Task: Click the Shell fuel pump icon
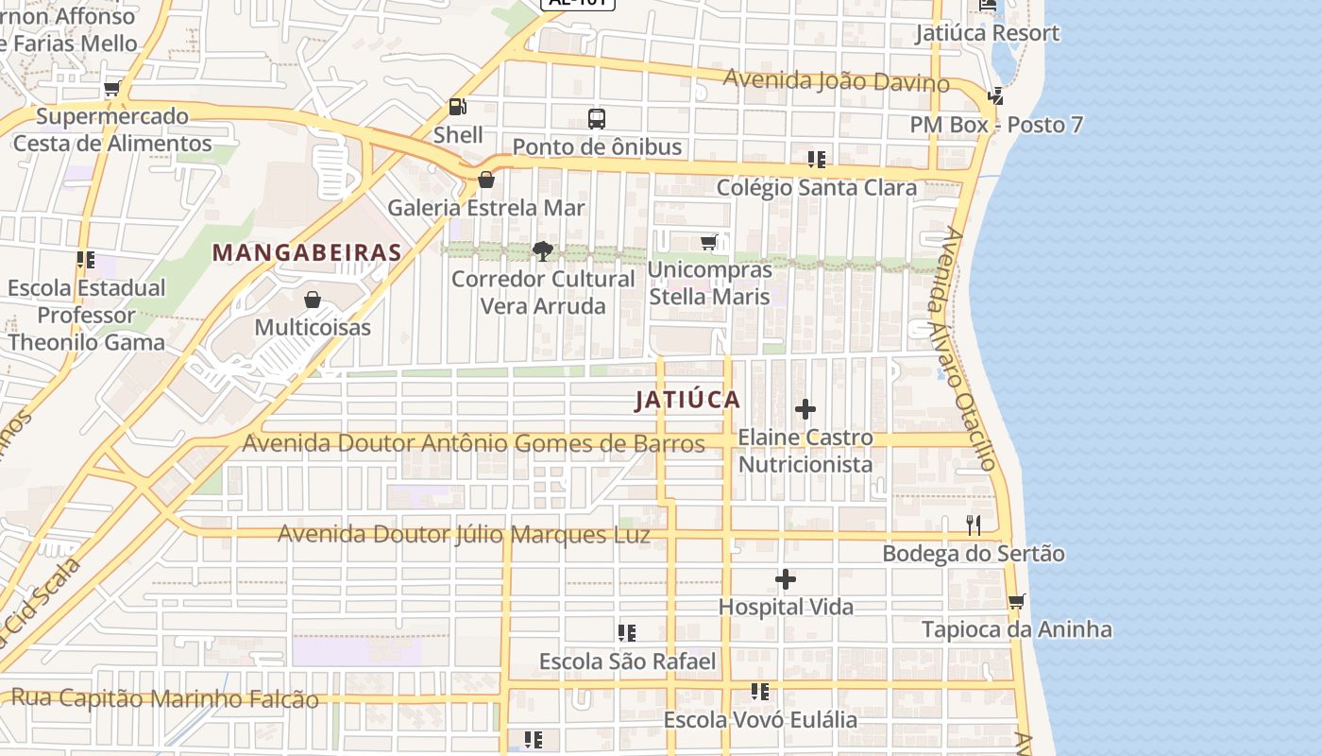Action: coord(457,107)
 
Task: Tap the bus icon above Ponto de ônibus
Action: coord(596,119)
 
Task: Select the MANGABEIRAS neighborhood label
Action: coord(307,253)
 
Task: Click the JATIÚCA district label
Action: coord(687,400)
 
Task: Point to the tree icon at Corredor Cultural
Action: coord(542,250)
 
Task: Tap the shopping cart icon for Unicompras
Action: coord(708,243)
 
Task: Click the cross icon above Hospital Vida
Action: coord(786,579)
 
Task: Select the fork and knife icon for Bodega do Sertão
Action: coord(974,525)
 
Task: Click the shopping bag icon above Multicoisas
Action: coord(313,300)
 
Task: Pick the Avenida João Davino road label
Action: coord(836,81)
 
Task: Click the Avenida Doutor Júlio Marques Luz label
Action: coord(464,535)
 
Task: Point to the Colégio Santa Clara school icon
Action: coord(816,160)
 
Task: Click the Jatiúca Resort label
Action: coord(987,33)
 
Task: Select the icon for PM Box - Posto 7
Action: coord(994,95)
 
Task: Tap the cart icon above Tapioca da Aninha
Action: coord(1016,601)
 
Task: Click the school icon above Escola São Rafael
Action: coord(626,633)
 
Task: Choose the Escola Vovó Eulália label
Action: coord(760,720)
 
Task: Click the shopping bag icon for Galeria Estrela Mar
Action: coord(486,180)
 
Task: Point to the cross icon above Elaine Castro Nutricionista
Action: coord(805,409)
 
